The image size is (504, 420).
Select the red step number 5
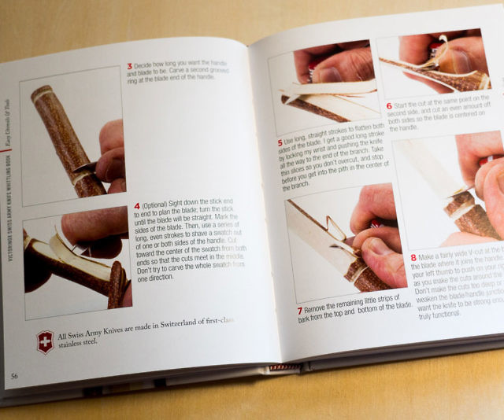280,142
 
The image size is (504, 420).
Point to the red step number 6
389,105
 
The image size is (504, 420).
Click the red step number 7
299,311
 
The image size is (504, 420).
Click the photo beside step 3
72,135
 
